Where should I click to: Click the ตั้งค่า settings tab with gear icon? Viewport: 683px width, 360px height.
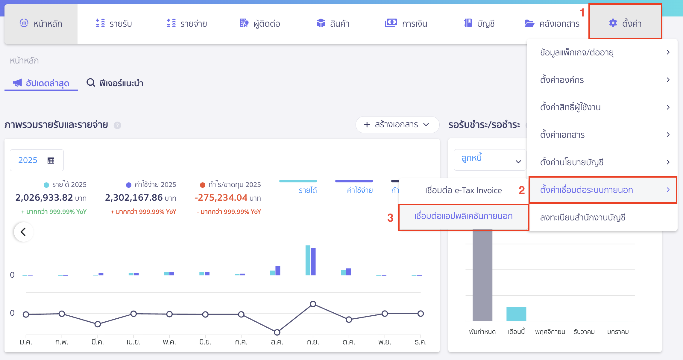point(625,23)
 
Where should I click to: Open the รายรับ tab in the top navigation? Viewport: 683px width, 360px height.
point(114,23)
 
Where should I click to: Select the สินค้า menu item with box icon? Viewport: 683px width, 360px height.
point(333,23)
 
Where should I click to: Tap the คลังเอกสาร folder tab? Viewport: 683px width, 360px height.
point(552,23)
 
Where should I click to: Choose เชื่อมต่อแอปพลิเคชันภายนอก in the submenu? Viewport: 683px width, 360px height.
point(463,216)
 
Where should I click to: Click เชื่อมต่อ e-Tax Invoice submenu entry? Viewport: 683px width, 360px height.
point(463,190)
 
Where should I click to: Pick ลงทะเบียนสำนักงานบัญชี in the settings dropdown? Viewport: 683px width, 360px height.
point(582,217)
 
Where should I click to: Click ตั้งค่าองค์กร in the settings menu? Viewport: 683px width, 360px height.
point(562,80)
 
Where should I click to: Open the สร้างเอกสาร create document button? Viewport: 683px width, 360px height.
point(397,125)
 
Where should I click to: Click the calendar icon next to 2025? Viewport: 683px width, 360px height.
point(51,160)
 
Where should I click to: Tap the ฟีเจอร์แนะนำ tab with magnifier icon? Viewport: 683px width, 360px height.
point(115,83)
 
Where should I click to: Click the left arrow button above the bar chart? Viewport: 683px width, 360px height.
point(23,232)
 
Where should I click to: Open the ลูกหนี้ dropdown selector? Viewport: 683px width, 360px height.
point(490,160)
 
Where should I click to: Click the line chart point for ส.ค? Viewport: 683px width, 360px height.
point(277,332)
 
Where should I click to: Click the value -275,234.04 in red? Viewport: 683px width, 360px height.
point(221,198)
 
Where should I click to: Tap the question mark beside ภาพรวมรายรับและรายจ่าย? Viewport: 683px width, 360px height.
point(117,125)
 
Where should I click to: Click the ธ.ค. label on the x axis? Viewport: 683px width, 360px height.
point(420,342)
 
